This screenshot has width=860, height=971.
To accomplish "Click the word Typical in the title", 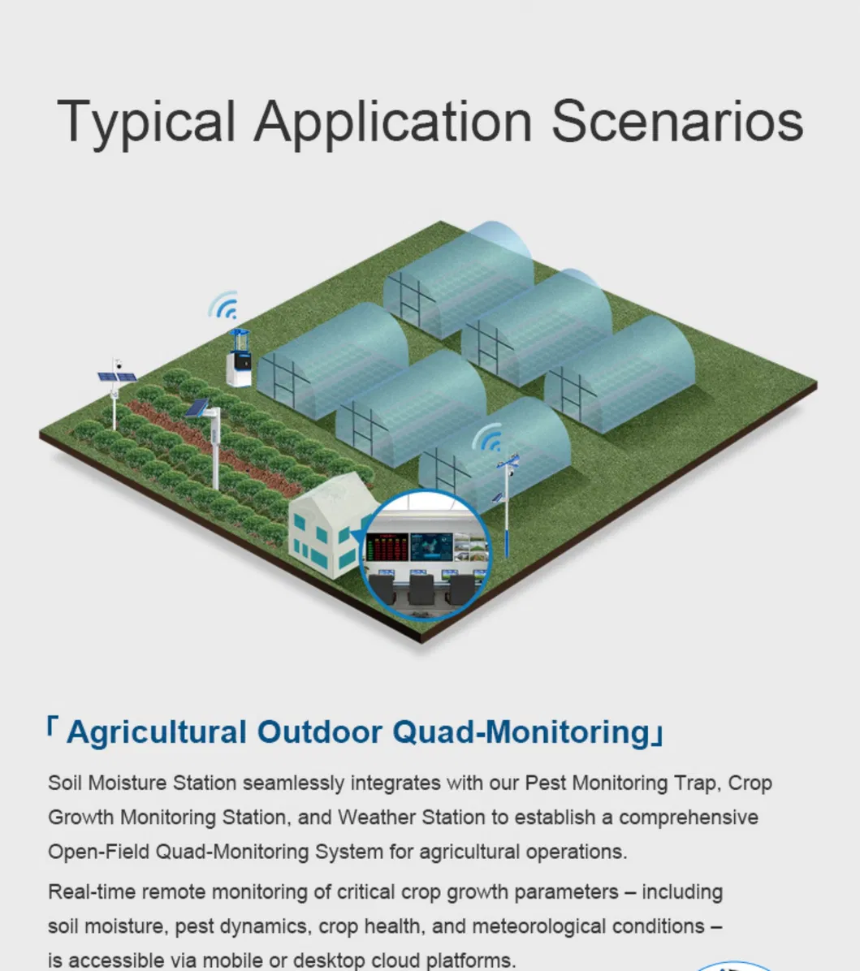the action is pos(146,122).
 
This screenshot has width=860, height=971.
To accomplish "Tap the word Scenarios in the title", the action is pos(677,121).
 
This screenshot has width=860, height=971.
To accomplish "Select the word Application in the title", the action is pos(393,122).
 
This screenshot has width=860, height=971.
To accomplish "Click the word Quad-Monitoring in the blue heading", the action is pos(521,732).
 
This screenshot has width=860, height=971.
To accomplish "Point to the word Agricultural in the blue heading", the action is pos(156,732).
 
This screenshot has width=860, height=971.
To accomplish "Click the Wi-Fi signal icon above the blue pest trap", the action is pos(223,305).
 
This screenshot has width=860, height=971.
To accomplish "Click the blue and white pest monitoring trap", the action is pos(240,358).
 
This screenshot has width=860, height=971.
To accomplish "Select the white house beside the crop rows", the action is pos(329,526).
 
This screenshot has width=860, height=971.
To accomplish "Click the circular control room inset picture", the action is pos(426,555).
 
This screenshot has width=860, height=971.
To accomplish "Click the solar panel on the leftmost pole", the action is pos(116,377).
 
